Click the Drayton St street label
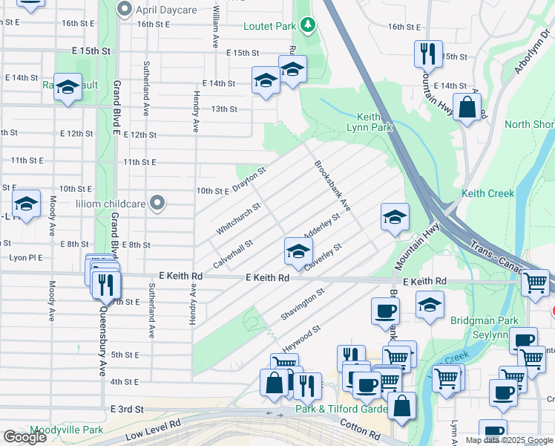pos(249,180)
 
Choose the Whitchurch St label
pos(238,219)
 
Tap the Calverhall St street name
pos(233,253)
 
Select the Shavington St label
pos(303,305)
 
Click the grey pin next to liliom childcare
pos(157,202)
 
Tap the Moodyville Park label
pos(67,430)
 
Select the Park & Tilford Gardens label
pos(341,410)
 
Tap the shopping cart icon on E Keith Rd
pos(535,282)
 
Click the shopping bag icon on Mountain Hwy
pos(468,106)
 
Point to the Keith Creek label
pos(487,193)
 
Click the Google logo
pos(25,437)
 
